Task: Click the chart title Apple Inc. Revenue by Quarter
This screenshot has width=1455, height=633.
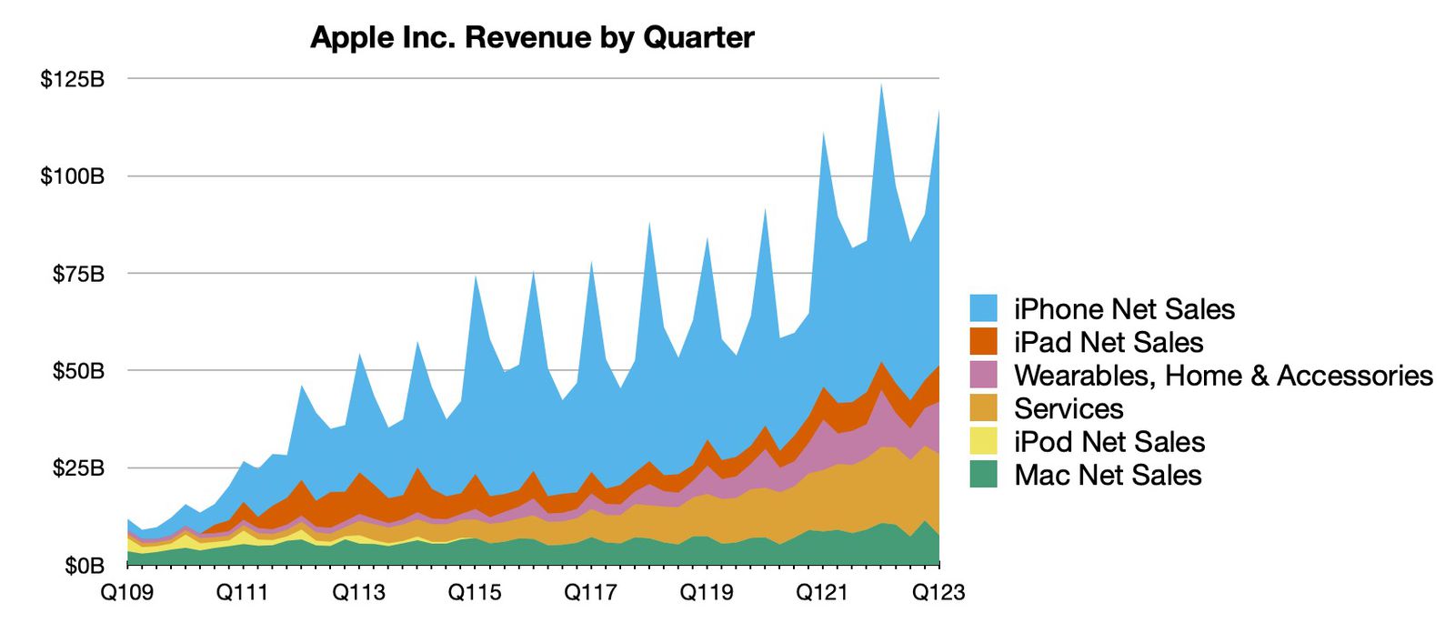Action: coord(532,37)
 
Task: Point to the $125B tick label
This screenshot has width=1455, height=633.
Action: coord(72,79)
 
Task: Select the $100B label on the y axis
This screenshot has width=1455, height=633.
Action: coord(72,176)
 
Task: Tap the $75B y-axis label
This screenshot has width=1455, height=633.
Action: coord(77,274)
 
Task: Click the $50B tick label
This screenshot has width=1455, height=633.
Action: coord(77,371)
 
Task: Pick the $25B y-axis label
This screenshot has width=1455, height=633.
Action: coord(77,468)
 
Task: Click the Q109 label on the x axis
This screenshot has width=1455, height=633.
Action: coord(126,593)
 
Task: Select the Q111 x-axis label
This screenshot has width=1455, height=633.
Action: coord(242,593)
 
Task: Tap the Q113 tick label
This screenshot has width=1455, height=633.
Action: coord(358,593)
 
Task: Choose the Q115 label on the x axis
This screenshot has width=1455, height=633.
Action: coord(475,593)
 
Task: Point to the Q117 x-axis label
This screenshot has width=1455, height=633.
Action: coord(590,593)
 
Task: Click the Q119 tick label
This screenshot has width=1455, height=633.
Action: coord(707,593)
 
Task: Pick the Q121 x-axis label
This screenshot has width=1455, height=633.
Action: coord(822,593)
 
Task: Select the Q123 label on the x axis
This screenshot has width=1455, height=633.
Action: coord(938,593)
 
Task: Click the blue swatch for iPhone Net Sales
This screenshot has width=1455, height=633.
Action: coord(983,309)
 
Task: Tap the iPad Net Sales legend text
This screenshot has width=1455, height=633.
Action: coord(1109,343)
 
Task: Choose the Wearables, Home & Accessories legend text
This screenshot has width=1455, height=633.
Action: coord(1223,376)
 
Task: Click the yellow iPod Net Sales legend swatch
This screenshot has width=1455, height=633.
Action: coord(983,442)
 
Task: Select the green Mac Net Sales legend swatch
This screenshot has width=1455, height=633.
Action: coord(983,475)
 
